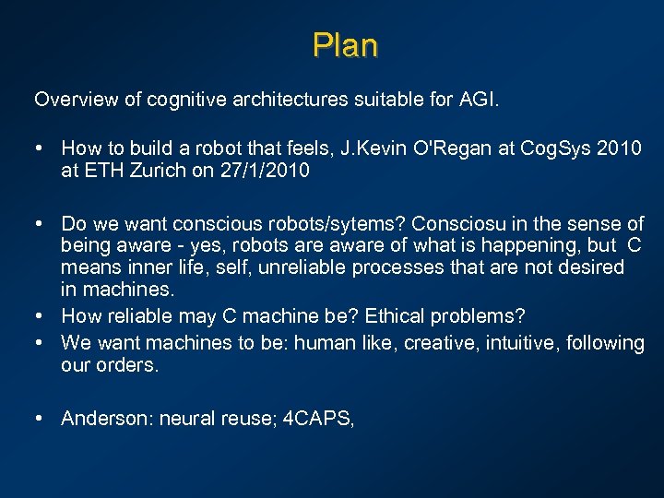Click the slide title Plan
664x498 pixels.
(x=345, y=45)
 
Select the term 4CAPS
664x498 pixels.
(x=316, y=419)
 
